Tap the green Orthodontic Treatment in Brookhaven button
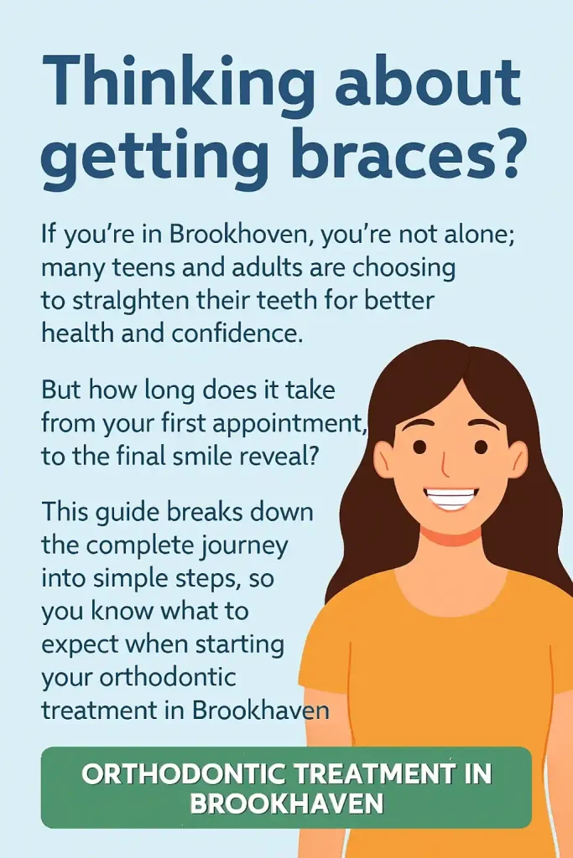click(x=286, y=788)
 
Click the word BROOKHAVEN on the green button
click(x=286, y=804)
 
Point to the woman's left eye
click(x=481, y=447)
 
